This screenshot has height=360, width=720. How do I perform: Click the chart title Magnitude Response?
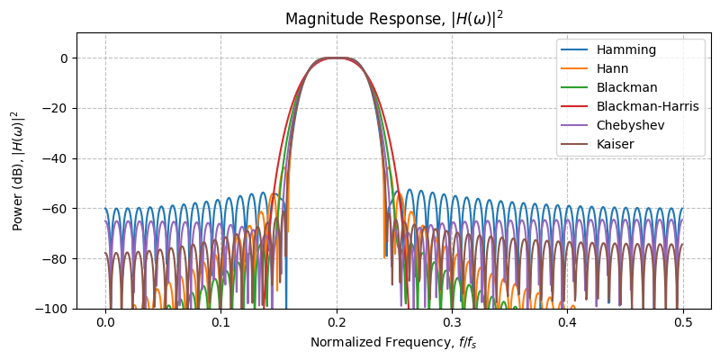click(393, 19)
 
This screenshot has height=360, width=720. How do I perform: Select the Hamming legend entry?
click(620, 49)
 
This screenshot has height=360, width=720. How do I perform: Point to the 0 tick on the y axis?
click(65, 58)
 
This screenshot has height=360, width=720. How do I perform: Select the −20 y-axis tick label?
click(58, 108)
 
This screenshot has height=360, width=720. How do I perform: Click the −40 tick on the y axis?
click(58, 158)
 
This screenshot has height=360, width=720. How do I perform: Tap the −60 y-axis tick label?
click(58, 209)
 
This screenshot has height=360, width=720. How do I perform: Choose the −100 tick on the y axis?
click(54, 309)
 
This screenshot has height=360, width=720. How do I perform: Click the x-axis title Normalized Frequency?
click(393, 342)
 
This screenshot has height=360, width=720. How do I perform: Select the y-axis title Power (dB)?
click(17, 171)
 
